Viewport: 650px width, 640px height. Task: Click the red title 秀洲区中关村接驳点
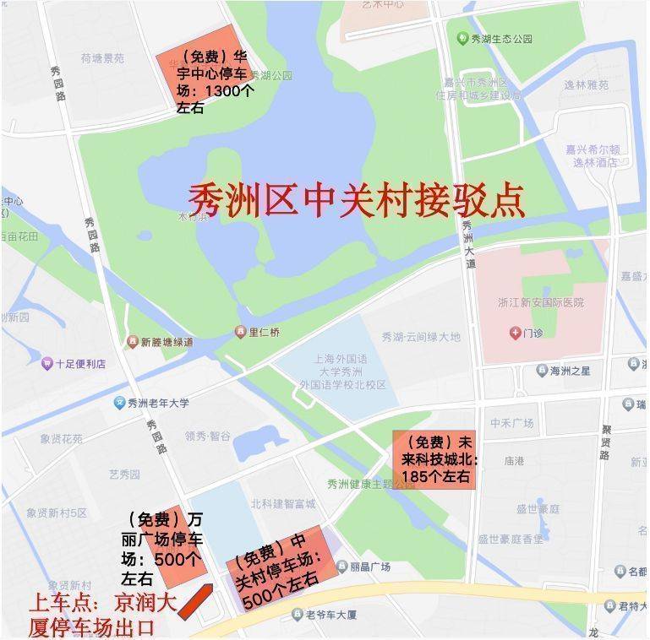click(356, 200)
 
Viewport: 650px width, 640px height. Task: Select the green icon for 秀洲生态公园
click(462, 39)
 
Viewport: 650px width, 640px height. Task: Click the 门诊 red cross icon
click(515, 333)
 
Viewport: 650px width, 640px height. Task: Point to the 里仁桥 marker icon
click(241, 333)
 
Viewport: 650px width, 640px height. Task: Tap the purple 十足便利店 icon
click(47, 364)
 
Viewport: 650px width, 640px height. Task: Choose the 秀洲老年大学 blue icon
click(120, 403)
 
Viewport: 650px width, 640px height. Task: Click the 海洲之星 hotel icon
click(541, 371)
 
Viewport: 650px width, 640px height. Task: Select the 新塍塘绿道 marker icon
click(133, 342)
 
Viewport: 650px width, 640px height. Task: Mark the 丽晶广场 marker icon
click(341, 567)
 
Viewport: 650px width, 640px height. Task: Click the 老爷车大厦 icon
click(297, 614)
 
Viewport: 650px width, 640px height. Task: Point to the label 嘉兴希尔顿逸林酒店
click(598, 155)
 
